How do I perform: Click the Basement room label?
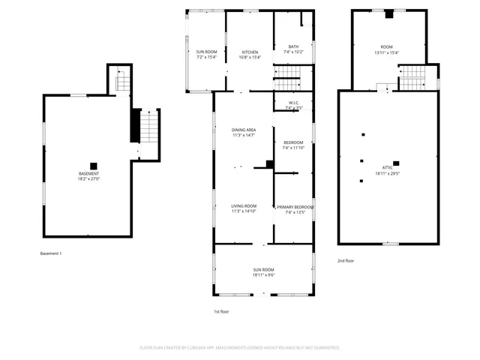click(88, 174)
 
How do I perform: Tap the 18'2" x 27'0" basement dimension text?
click(88, 179)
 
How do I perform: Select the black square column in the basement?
click(94, 166)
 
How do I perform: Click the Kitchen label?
click(250, 52)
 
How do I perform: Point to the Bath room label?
click(293, 47)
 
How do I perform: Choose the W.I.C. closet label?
click(293, 103)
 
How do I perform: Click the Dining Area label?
click(244, 130)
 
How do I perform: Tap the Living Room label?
click(244, 206)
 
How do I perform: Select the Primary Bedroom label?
click(295, 207)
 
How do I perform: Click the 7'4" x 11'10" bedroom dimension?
click(293, 148)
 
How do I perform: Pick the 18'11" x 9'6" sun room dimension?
click(263, 275)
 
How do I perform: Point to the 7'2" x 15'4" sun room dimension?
click(206, 58)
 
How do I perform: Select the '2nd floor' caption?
click(345, 260)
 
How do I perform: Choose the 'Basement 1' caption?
click(50, 253)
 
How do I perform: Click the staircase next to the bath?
click(292, 72)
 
